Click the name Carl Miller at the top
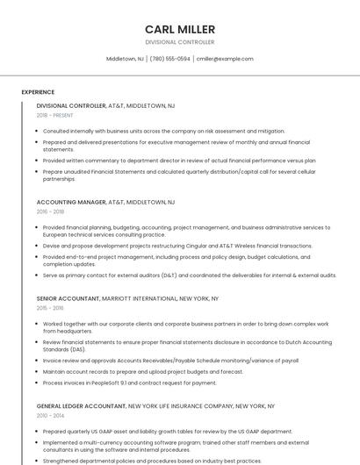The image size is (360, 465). click(179, 29)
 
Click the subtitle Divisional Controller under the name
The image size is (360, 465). click(179, 42)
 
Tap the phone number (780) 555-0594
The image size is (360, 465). click(169, 59)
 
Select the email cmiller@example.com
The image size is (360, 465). click(224, 59)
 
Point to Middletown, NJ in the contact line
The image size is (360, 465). click(125, 59)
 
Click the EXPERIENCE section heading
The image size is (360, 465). click(38, 92)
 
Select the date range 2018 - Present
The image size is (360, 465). click(54, 115)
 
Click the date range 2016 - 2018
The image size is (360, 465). click(50, 211)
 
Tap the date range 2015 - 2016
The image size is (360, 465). click(50, 308)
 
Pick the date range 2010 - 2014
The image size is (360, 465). click(50, 416)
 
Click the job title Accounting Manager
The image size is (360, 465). click(71, 202)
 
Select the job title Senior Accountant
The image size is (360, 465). click(68, 298)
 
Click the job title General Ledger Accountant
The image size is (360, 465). click(81, 406)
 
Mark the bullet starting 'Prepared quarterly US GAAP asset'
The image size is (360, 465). click(167, 432)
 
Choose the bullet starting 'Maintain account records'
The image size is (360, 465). click(142, 371)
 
